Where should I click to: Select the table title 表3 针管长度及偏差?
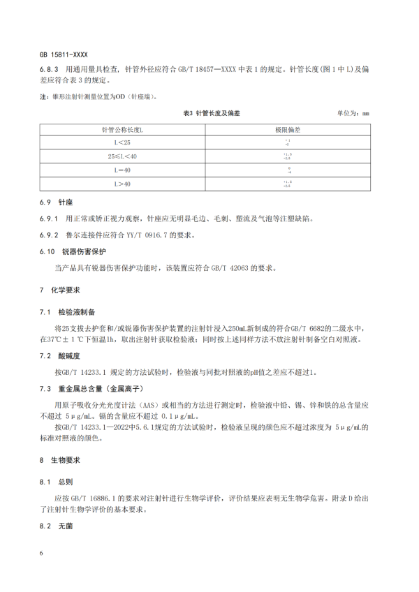(211, 113)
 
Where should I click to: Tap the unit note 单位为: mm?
(353, 113)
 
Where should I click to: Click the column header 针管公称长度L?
(123, 131)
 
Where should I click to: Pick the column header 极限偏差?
(287, 131)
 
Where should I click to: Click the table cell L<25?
(123, 143)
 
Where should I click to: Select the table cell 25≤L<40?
(123, 156)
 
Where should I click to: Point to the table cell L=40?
(123, 170)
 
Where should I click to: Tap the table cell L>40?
(123, 184)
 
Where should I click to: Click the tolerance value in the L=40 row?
(287, 170)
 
